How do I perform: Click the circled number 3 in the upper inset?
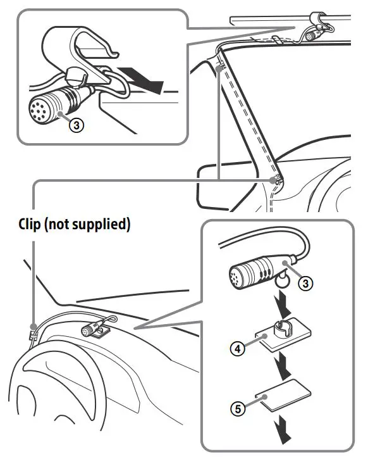[76, 125]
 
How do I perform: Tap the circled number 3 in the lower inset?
[307, 284]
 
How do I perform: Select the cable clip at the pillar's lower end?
[273, 182]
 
